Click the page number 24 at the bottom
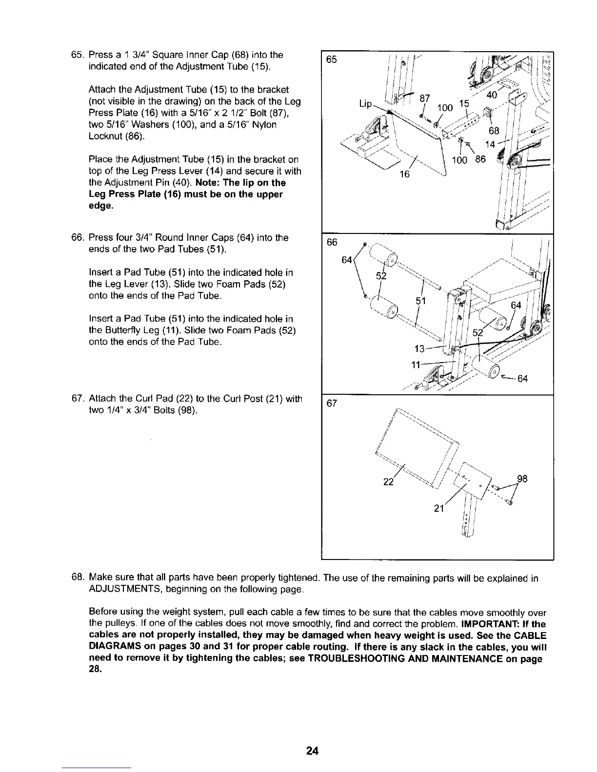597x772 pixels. [x=312, y=751]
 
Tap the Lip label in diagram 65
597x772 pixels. [x=365, y=104]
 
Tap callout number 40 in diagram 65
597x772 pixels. [x=492, y=95]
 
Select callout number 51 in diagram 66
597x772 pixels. [x=421, y=301]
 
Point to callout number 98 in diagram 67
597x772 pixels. [x=522, y=479]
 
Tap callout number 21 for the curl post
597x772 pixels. [x=439, y=509]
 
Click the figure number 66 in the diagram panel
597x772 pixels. [x=332, y=243]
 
